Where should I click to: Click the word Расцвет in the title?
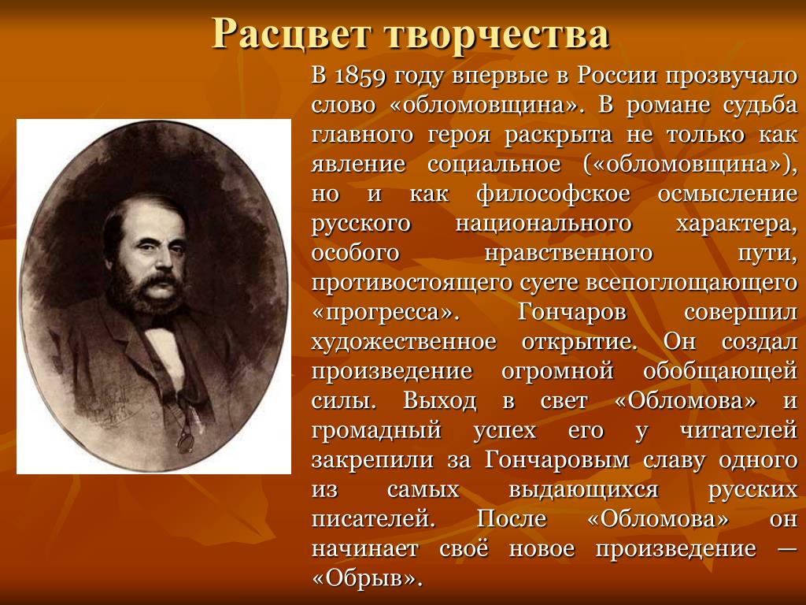[x=291, y=35]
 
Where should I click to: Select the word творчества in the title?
[x=497, y=34]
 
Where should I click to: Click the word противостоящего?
[x=412, y=284]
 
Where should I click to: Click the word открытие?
[x=579, y=342]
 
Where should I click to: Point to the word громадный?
[x=376, y=431]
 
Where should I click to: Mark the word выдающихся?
[x=583, y=490]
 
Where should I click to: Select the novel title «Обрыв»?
[x=367, y=579]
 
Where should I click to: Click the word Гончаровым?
[x=556, y=461]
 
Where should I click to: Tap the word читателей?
[x=738, y=431]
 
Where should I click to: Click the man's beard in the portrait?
[x=146, y=293]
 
